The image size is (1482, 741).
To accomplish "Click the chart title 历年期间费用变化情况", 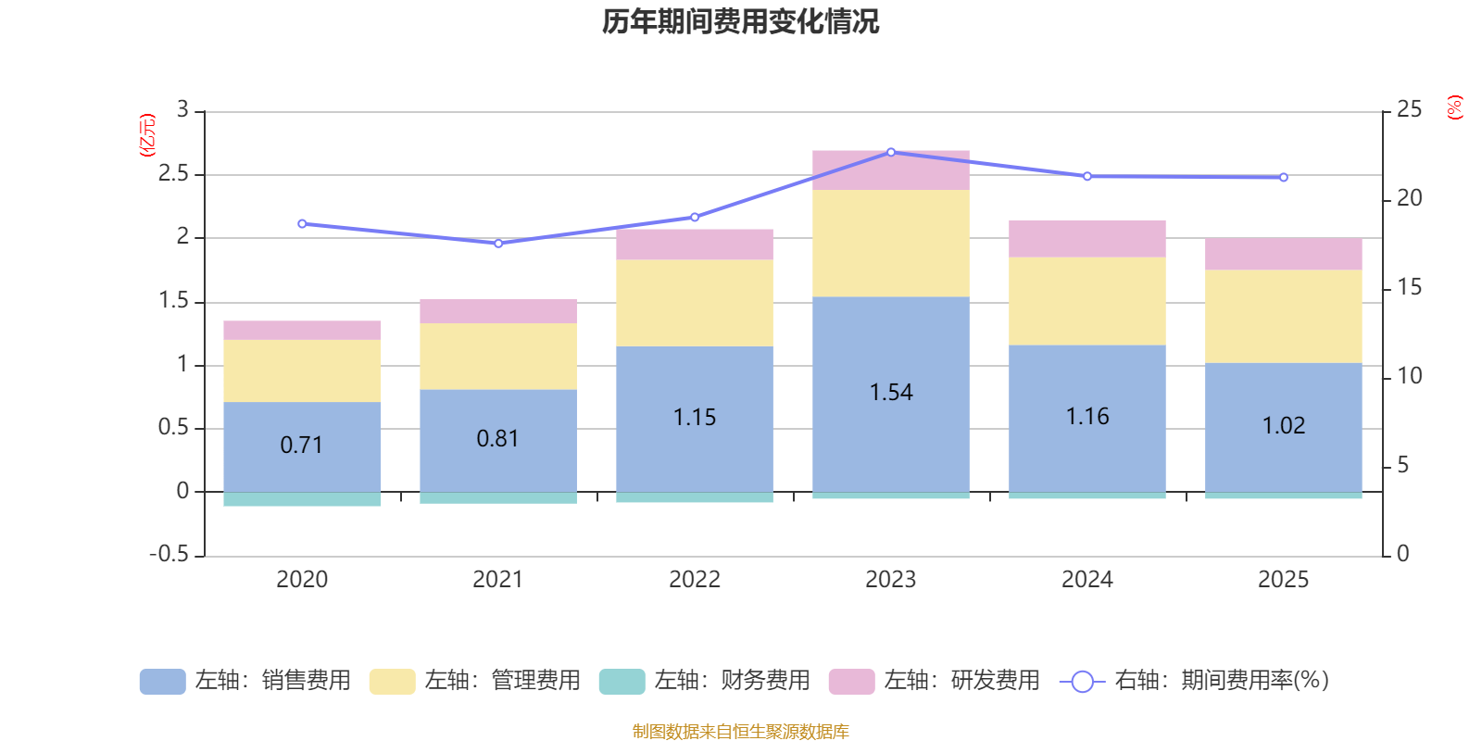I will pos(740,21).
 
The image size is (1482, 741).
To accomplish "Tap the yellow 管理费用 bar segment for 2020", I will pos(302,370).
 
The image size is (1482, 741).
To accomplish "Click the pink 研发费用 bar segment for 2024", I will pos(1087,238).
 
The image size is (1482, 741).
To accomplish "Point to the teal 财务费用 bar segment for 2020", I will pos(302,499).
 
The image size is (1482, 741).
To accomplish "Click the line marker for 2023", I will pos(891,152).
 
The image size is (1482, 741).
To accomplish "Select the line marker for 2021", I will pos(498,244).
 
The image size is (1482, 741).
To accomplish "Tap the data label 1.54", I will pos(891,393).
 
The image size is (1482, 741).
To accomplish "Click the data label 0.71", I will pos(302,446).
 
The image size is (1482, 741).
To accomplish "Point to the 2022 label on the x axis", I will pos(695,580).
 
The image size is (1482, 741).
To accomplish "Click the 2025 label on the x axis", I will pos(1283,580).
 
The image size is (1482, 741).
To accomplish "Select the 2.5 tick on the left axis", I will pos(173,174).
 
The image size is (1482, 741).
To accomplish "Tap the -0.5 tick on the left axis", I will pos(169,554).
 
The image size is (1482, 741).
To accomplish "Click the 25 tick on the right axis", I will pos(1409,110).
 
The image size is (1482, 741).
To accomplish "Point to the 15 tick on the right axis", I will pos(1409,287).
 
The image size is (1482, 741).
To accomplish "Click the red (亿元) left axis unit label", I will pos(147,135).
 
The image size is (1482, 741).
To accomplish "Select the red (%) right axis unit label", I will pos(1455,107).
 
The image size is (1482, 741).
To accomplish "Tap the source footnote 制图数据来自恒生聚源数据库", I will pos(740,732).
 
